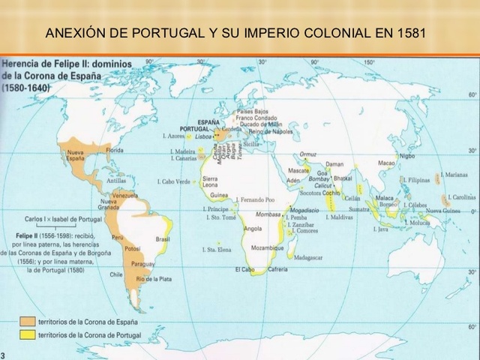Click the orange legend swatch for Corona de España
coord(26,320)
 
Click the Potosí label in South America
coord(133,248)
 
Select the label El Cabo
coord(244,269)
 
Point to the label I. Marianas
coord(454,174)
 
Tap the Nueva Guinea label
coord(443,211)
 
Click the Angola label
coord(253,228)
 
